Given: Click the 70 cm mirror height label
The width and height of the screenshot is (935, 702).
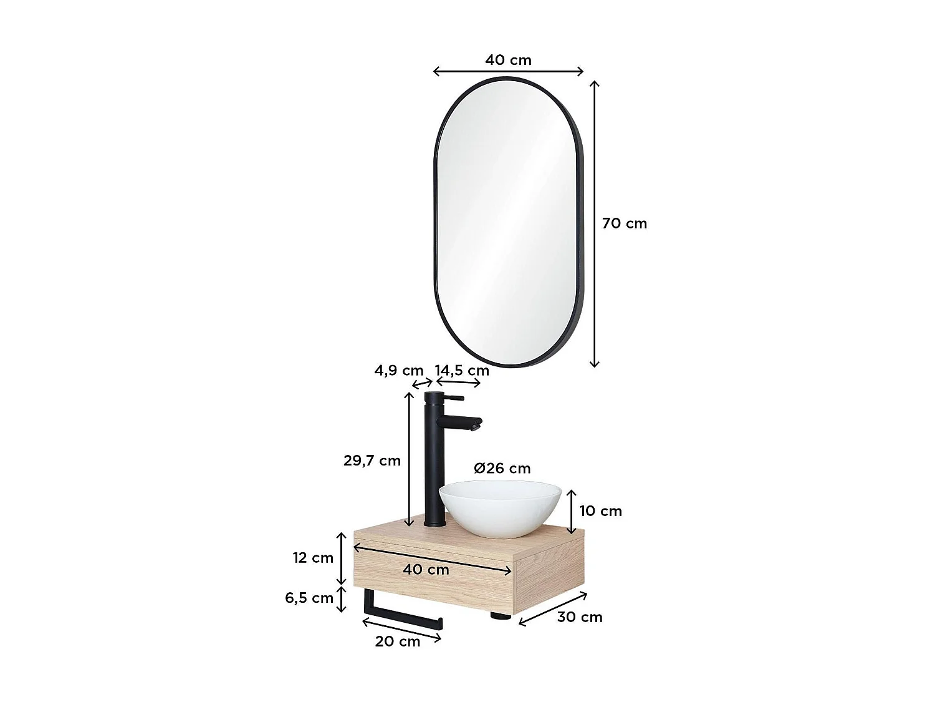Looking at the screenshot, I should point(625,223).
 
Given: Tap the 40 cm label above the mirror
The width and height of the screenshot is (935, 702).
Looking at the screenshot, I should point(508,60).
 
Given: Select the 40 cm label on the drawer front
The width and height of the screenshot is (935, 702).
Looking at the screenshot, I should point(426,569).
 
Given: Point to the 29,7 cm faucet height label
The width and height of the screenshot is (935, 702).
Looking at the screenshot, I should point(372,461).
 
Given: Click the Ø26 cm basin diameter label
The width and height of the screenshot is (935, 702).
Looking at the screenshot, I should point(502,468).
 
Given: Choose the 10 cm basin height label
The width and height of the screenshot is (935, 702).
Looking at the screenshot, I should point(601,511).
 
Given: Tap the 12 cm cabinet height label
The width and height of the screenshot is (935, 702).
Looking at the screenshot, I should point(314,558).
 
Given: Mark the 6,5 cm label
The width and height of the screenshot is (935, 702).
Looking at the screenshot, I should point(309,598).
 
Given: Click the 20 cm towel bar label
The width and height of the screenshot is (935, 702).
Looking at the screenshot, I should point(398,641).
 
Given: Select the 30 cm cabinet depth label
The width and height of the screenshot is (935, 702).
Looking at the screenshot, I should point(580,617).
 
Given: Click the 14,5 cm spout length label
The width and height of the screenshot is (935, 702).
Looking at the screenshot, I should point(462,371).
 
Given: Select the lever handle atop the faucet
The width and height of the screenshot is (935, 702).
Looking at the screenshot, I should point(454,397).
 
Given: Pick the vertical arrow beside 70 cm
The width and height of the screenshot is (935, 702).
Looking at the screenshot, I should point(595,223).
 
